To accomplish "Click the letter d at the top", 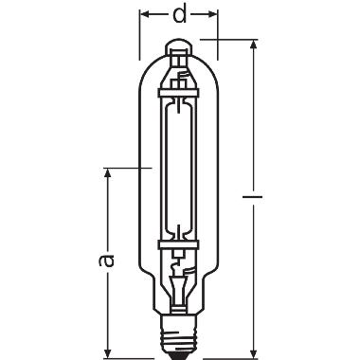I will click(x=180, y=17).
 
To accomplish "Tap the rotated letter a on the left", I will click(x=106, y=258).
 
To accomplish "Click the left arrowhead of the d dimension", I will click(x=146, y=16).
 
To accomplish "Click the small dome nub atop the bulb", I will click(x=180, y=44).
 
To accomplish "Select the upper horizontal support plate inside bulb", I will click(x=180, y=92).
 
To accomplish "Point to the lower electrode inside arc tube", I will click(x=180, y=227).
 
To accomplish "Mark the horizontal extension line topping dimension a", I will click(x=123, y=169).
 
